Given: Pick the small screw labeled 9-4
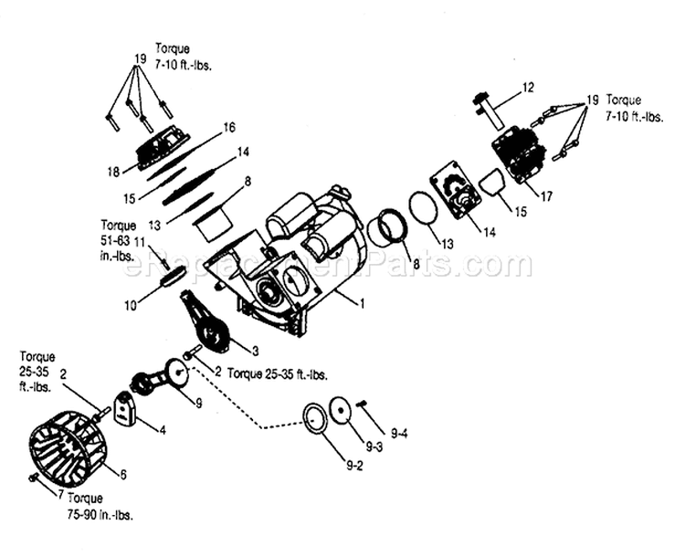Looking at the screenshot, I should [363, 404].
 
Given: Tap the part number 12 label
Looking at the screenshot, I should [527, 88].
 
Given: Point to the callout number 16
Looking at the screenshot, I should [229, 127].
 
